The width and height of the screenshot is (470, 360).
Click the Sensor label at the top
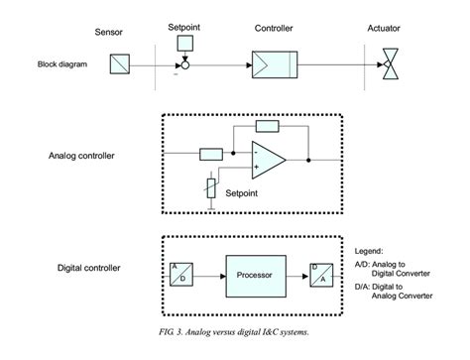point(109,33)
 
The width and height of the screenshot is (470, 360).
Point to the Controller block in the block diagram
point(273,65)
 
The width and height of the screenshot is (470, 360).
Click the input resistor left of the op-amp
point(210,154)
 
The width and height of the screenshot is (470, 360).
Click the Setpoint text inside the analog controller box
point(247,192)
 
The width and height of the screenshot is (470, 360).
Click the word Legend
point(371,251)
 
